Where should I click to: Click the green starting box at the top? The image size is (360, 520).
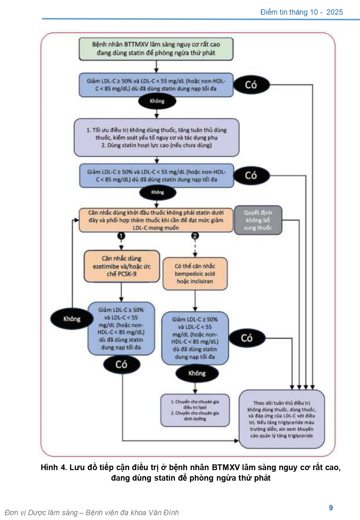[156, 49]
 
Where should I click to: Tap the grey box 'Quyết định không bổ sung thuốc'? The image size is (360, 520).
[258, 220]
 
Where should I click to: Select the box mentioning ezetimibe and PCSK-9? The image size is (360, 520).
[122, 266]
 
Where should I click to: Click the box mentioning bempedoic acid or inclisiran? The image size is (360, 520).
[195, 274]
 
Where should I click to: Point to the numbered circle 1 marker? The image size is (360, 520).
[121, 236]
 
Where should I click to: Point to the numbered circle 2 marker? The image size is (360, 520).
[195, 236]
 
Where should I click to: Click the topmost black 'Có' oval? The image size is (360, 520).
[251, 85]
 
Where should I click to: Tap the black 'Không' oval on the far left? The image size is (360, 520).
[72, 319]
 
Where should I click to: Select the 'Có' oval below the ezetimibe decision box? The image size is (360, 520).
[122, 364]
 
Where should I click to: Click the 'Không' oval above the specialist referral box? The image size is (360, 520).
[197, 373]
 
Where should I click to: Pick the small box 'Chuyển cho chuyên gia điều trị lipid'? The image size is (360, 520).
[195, 410]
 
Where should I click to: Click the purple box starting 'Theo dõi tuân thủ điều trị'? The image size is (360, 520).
[282, 419]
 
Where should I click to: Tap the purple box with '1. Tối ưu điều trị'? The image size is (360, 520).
[156, 138]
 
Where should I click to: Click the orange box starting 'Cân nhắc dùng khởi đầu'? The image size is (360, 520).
[156, 220]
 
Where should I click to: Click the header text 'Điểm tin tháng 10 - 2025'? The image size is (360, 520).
[301, 12]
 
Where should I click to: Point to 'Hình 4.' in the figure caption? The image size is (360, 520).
[54, 468]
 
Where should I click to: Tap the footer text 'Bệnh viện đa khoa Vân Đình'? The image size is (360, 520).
[132, 513]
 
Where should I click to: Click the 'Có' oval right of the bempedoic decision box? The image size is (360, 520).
[247, 338]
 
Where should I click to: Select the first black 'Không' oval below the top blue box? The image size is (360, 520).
[157, 101]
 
